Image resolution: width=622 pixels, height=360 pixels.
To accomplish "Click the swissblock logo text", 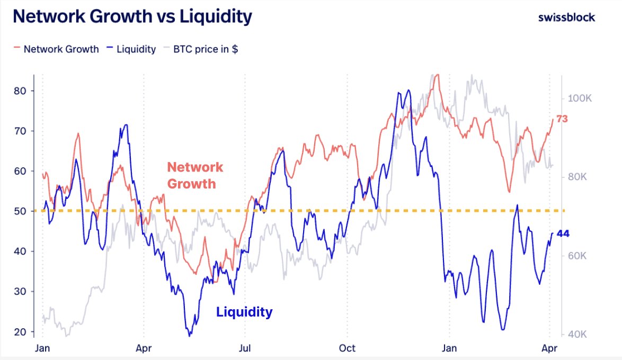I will click(x=566, y=17).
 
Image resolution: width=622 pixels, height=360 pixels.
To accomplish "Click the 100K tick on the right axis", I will click(x=583, y=98).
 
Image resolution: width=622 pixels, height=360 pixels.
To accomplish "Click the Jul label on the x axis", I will click(x=245, y=348).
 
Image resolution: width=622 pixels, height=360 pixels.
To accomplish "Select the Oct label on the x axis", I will click(x=347, y=348).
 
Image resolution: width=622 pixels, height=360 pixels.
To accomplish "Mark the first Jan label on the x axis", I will click(x=43, y=348).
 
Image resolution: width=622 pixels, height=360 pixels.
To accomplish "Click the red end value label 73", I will click(x=562, y=119).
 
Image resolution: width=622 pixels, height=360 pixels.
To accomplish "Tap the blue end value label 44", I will click(x=562, y=233).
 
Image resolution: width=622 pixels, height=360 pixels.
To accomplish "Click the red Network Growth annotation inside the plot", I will click(x=195, y=175).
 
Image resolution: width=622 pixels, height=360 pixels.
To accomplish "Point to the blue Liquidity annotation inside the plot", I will click(x=244, y=312).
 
